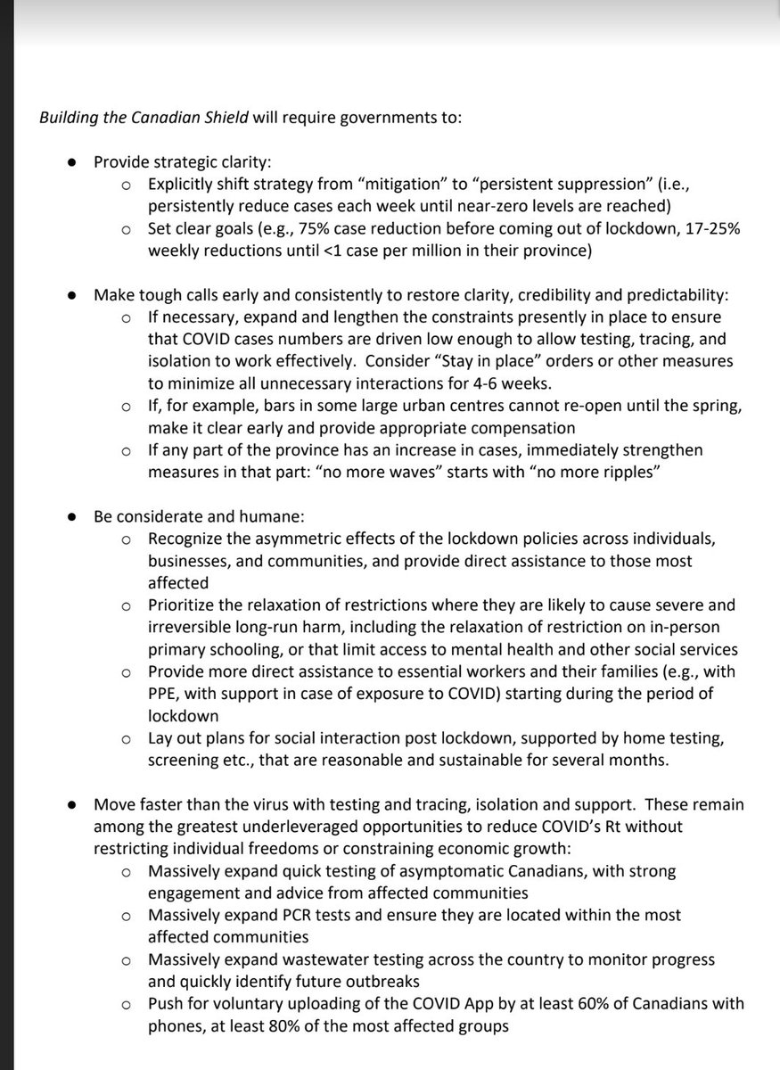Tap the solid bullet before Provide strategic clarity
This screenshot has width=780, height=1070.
click(x=73, y=163)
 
